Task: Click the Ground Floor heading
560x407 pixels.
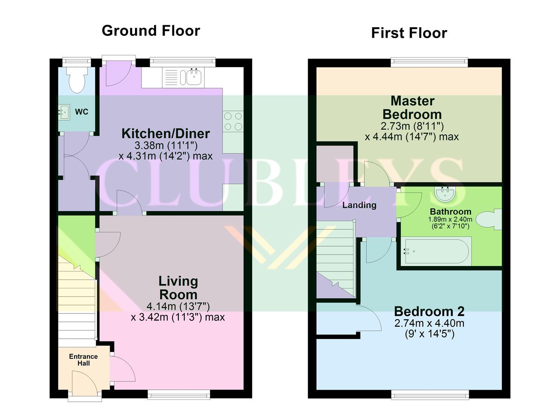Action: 151,31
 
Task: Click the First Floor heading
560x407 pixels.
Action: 409,33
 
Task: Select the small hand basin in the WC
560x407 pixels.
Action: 64,112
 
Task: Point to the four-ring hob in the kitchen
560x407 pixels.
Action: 233,122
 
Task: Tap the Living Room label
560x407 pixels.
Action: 178,288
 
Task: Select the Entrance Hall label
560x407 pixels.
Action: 83,360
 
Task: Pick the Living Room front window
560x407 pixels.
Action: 179,395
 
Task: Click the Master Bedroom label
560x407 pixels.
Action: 412,107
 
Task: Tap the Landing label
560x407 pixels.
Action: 359,205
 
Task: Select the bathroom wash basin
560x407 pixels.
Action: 445,193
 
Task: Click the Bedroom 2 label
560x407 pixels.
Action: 429,311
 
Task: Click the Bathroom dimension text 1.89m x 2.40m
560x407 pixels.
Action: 450,219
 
